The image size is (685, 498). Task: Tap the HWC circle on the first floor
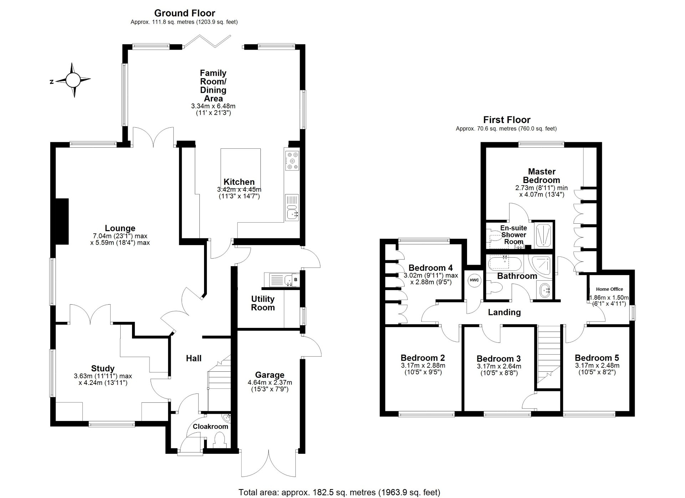(474, 280)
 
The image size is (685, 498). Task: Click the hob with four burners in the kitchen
(293, 161)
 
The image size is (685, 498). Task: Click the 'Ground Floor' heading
(184, 13)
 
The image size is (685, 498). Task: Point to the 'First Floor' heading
(507, 120)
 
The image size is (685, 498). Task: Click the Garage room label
(270, 375)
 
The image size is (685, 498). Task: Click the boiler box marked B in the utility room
(295, 279)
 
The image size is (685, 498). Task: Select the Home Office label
(609, 289)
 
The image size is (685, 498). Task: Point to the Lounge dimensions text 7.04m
(120, 236)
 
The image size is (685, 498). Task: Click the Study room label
(103, 369)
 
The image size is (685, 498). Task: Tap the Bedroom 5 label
(597, 358)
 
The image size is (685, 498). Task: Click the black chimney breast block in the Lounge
(61, 222)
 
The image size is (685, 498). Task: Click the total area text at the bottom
(339, 492)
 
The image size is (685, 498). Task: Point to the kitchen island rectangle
(240, 167)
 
